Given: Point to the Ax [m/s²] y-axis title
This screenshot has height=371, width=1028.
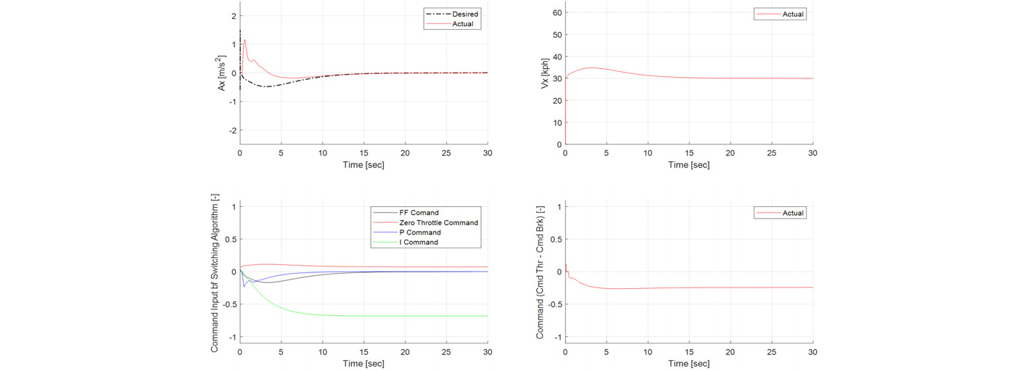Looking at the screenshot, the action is [x=221, y=73].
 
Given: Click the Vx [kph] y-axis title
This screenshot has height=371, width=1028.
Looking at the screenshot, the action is [x=545, y=73].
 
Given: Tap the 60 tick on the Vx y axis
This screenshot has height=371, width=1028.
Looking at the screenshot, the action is [x=557, y=13].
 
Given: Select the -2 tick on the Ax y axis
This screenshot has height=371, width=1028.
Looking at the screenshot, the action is [x=234, y=131].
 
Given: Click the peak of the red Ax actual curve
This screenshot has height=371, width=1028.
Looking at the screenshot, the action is [x=244, y=40].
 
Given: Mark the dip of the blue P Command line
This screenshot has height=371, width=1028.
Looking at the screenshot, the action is [x=244, y=287].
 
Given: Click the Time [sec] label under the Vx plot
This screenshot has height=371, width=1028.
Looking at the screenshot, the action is [x=688, y=165].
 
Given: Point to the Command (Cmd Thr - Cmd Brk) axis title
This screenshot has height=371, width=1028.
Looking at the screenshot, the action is [x=540, y=272].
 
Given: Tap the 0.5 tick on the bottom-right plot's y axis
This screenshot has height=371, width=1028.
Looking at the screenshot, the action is [x=556, y=239].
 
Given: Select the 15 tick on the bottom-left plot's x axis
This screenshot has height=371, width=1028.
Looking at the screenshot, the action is [x=364, y=352].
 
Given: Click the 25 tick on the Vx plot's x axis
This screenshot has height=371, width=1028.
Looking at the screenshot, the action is [x=771, y=153].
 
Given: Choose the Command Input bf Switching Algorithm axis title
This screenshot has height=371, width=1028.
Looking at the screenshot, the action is [x=215, y=273].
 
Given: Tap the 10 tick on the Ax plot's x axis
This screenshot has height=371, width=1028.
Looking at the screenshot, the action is [x=323, y=153].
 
